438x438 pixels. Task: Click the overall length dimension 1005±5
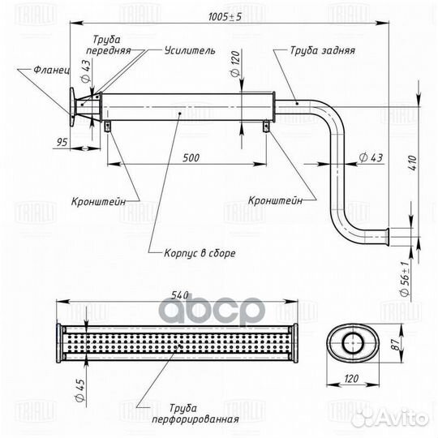pos(225,17)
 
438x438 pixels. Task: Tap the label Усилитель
pos(190,50)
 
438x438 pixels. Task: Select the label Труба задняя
pos(323,50)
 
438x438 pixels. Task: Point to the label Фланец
pos(52,70)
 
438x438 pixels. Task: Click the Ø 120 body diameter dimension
pos(235,64)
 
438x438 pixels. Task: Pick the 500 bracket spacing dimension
pos(191,158)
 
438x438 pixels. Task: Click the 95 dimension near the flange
pos(62,142)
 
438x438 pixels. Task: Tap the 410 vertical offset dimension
pos(413,163)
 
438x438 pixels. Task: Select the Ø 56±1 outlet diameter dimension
pos(405,278)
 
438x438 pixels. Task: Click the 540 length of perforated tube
pos(180,295)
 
